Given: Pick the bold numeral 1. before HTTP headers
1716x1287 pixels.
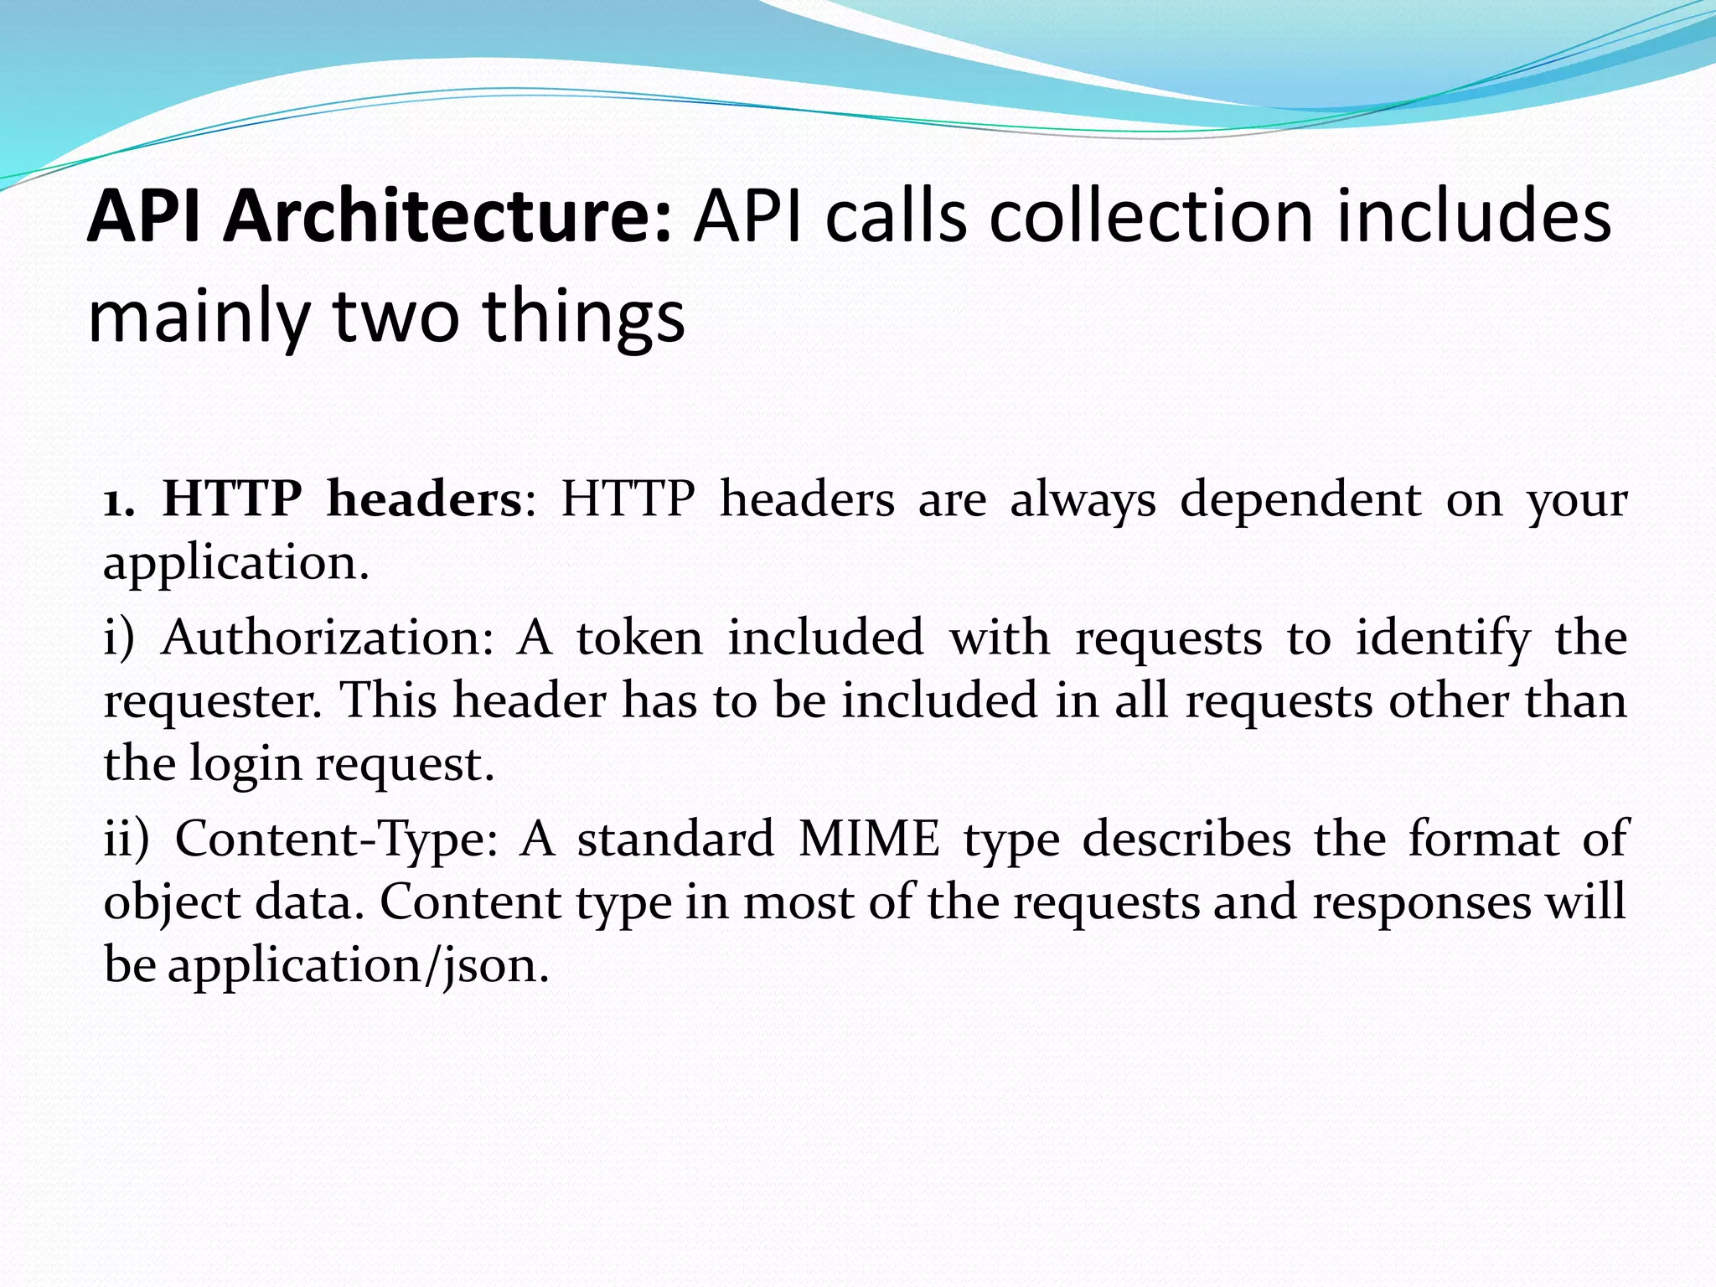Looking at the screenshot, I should coord(118,500).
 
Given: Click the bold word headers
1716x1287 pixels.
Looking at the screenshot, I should coord(424,500).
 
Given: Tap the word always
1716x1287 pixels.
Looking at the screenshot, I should coord(1083,500).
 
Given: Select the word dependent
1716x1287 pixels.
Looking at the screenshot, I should coord(1300,500).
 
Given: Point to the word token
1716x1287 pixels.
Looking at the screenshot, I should coord(639,638).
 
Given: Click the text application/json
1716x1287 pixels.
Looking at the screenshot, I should coord(358,965).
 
